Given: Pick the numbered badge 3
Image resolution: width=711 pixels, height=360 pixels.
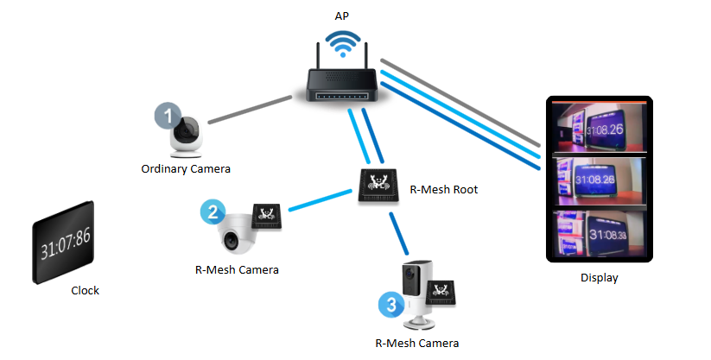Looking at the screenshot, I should click(390, 304).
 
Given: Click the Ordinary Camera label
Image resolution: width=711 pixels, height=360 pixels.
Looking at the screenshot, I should click(186, 168).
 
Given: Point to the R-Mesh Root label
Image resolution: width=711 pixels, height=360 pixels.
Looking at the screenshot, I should click(444, 189).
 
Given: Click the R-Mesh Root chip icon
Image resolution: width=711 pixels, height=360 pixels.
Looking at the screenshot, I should click(379, 184).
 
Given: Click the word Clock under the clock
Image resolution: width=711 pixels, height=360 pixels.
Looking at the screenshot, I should click(85, 291).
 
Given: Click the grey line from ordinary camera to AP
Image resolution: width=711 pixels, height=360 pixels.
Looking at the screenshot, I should click(247, 111).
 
